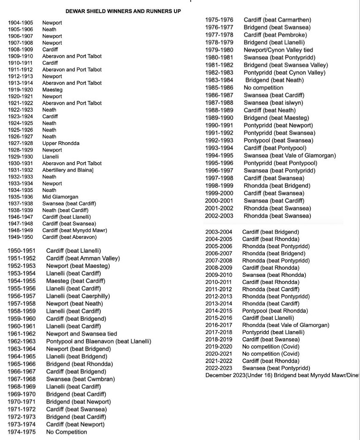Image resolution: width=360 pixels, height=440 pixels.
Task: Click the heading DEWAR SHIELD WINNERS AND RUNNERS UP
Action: pyautogui.click(x=123, y=11)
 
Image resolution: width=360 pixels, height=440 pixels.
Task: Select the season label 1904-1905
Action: pyautogui.click(x=21, y=23)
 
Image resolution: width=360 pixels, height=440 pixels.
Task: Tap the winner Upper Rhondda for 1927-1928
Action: pyautogui.click(x=61, y=143)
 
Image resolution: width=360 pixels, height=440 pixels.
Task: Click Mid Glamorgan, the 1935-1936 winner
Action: pyautogui.click(x=60, y=197)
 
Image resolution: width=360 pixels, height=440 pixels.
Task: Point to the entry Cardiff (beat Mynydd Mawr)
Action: pyautogui.click(x=75, y=230)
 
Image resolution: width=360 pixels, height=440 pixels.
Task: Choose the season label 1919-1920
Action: pyautogui.click(x=21, y=90)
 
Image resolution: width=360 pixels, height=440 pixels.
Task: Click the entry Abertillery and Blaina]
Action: pyautogui.click(x=68, y=170)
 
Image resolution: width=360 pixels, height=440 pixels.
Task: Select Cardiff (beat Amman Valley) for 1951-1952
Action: pyautogui.click(x=82, y=258)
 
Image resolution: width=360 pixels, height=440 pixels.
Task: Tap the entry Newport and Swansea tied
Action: pyautogui.click(x=82, y=334)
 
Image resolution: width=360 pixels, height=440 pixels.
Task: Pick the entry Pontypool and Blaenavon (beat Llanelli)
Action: pyautogui.click(x=98, y=341)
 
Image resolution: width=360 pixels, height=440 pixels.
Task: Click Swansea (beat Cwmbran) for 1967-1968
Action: pyautogui.click(x=80, y=379)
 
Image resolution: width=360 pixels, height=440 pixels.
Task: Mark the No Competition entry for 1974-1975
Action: pyautogui.click(x=67, y=432)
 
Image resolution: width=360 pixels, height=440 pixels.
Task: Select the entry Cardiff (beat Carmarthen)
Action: pyautogui.click(x=277, y=20)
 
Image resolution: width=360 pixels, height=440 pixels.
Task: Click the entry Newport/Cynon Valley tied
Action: pyautogui.click(x=278, y=50)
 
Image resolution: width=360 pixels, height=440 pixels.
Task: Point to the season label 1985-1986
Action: pyautogui.click(x=218, y=88)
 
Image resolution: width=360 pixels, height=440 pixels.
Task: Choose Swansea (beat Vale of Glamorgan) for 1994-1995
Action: pyautogui.click(x=290, y=155)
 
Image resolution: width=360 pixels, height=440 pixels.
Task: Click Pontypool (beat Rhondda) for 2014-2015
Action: pyautogui.click(x=275, y=311)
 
